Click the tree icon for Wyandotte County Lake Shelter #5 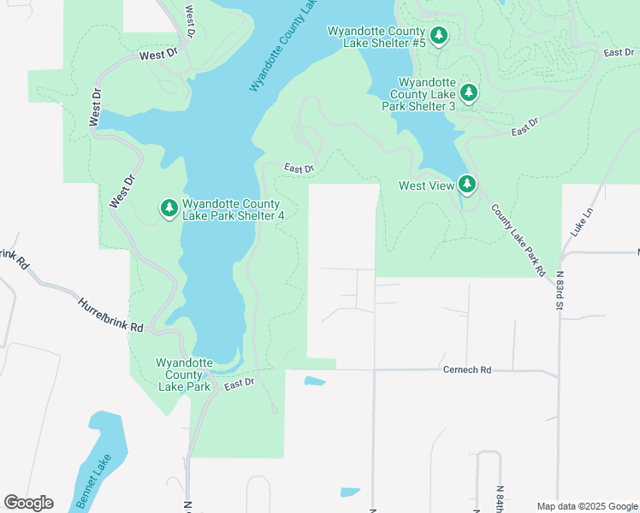(x=439, y=36)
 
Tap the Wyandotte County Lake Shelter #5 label (x=376, y=37)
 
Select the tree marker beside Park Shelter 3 (x=468, y=92)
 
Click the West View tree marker (x=466, y=184)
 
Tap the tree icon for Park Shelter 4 (x=169, y=208)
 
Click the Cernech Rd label (x=466, y=370)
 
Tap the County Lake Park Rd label (x=518, y=240)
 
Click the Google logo (x=28, y=503)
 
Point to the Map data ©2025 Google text (x=586, y=506)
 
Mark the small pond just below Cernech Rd (x=315, y=381)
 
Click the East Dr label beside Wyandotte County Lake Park (x=240, y=386)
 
